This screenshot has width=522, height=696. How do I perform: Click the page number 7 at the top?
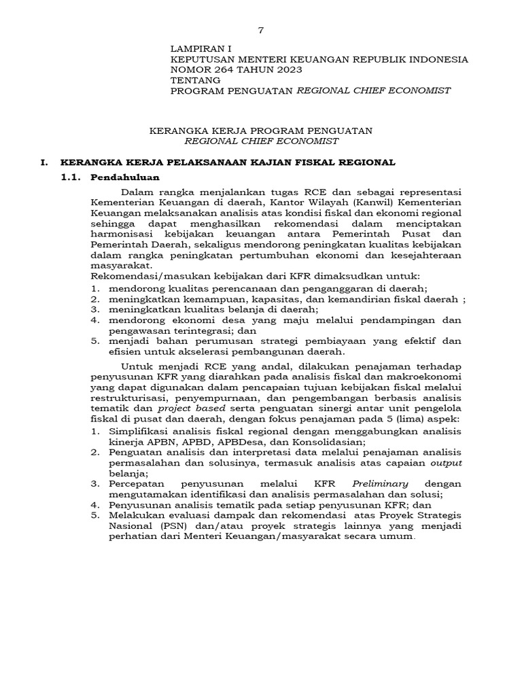(x=260, y=31)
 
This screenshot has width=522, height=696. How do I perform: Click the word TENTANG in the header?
(x=195, y=80)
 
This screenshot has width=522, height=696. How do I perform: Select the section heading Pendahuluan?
(x=124, y=177)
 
